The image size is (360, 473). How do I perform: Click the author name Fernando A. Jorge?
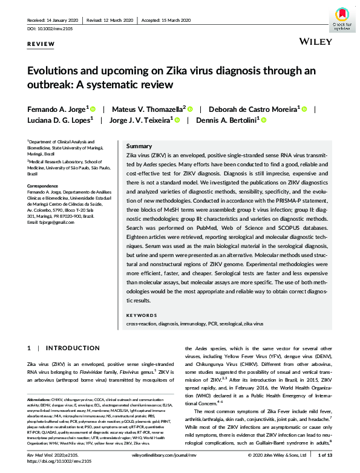(x=56, y=109)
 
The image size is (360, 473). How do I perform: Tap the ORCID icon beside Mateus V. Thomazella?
(x=189, y=109)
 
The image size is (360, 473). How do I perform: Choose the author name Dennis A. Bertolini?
(x=227, y=120)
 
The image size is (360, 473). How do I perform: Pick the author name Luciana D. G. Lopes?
(x=59, y=120)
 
